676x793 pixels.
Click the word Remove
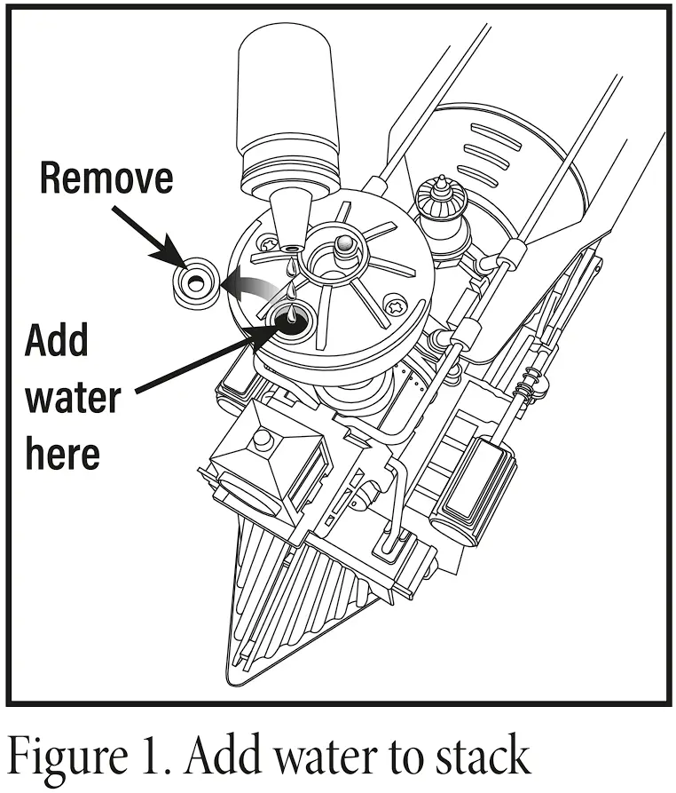(x=106, y=178)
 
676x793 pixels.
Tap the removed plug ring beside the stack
(x=194, y=283)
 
